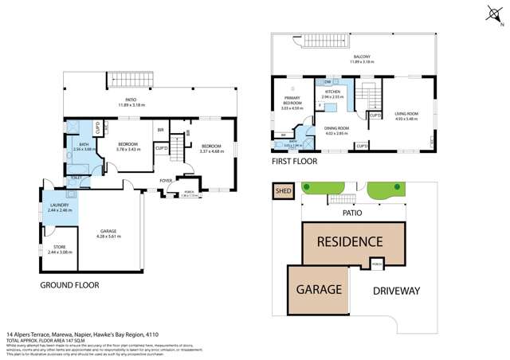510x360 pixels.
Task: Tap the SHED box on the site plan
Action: click(x=283, y=191)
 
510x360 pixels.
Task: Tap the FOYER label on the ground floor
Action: click(x=166, y=181)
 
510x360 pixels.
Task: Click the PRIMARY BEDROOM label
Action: click(x=292, y=102)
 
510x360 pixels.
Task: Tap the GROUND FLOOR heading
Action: click(x=69, y=284)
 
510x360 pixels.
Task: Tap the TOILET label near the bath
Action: click(x=76, y=178)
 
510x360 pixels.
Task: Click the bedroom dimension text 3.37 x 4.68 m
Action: click(x=211, y=151)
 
